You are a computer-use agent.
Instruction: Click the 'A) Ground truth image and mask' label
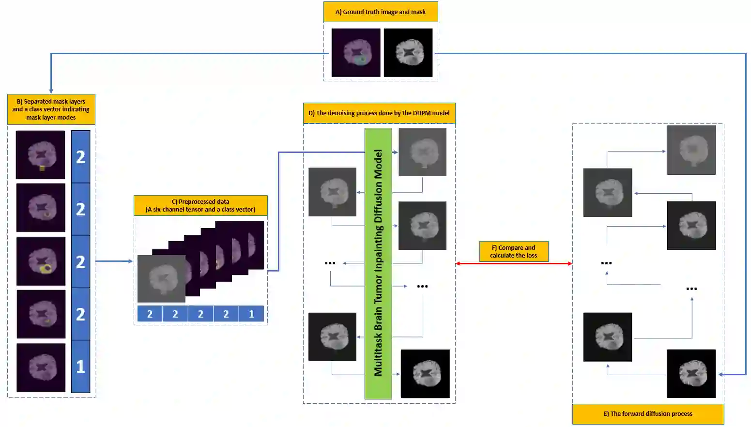point(381,12)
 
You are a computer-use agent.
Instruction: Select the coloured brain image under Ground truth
point(356,52)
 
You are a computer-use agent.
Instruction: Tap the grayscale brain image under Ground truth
point(408,52)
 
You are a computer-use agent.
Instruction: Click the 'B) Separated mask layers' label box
point(51,109)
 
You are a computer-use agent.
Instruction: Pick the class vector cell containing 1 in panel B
point(80,366)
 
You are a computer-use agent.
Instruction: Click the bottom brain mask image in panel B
point(41,367)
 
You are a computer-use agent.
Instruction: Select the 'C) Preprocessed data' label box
point(200,206)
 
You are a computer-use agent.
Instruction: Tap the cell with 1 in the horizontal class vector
point(251,314)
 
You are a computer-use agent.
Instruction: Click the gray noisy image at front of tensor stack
point(161,278)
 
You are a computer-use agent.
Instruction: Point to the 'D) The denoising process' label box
point(379,113)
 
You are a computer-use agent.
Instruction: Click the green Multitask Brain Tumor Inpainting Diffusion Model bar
point(378,263)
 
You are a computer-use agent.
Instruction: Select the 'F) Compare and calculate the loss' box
point(513,251)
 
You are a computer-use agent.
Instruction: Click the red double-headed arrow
point(513,263)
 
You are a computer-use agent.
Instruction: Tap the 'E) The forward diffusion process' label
point(648,414)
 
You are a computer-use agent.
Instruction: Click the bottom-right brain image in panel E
point(691,373)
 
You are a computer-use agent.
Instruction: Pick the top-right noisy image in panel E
point(691,150)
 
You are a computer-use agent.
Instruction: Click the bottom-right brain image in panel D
point(425,373)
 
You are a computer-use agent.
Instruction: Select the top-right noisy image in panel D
point(422,152)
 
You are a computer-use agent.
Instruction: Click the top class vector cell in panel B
point(80,156)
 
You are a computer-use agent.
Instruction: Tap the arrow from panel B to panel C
point(114,261)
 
